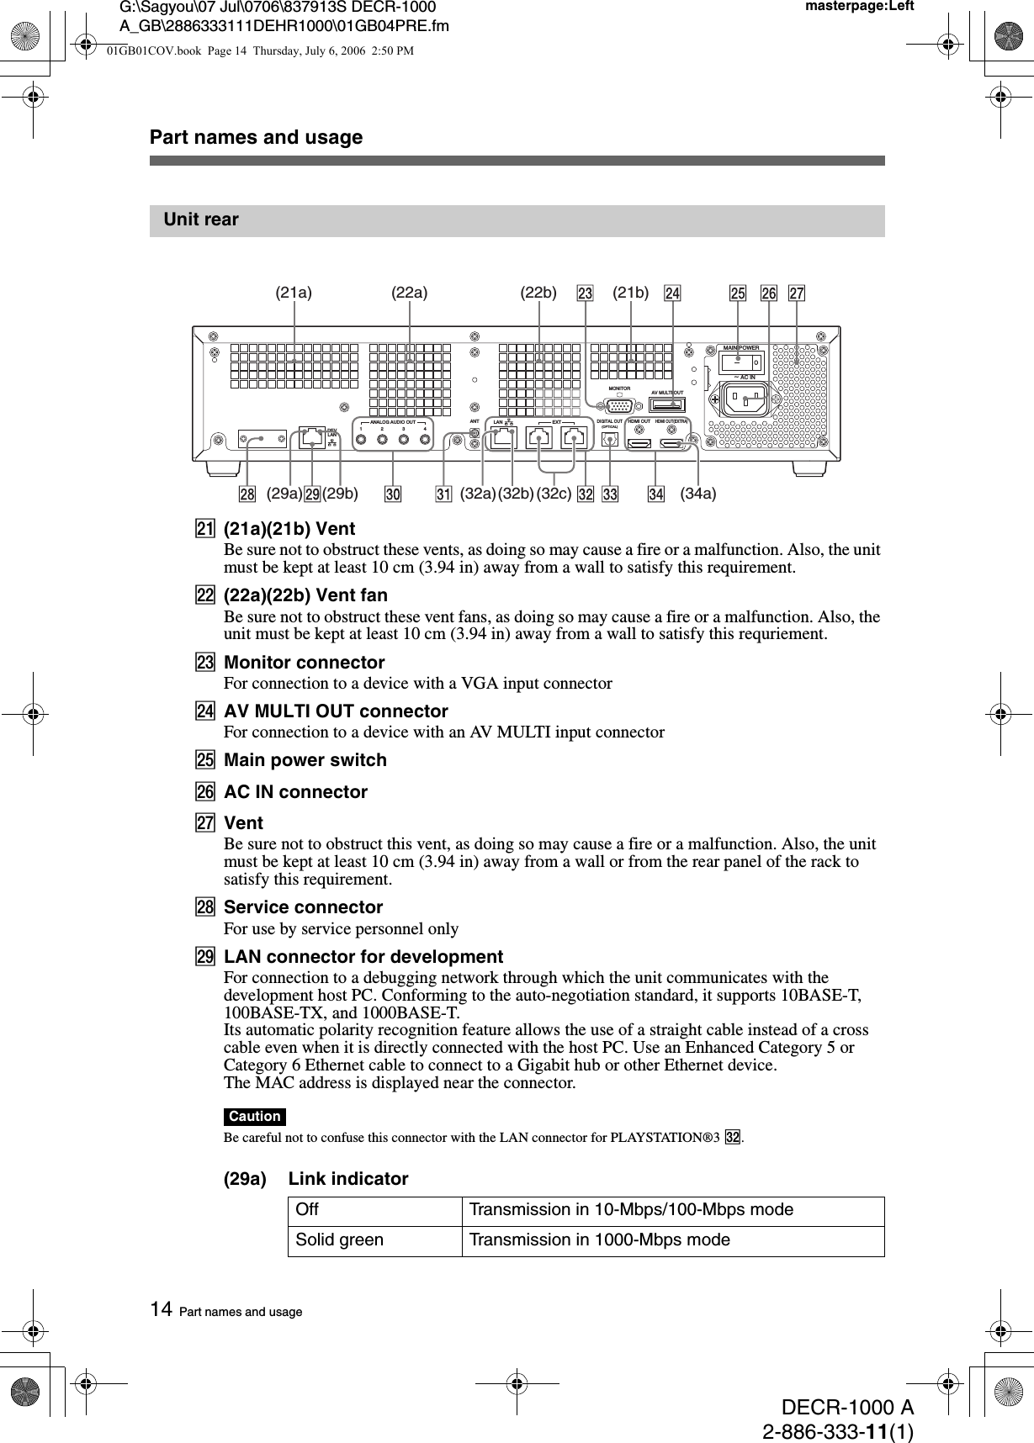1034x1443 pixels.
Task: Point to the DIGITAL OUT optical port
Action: [610, 439]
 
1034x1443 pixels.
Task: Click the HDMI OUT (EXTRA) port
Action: [671, 443]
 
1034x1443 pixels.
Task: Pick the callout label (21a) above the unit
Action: [294, 293]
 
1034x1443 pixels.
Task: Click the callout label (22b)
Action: [538, 293]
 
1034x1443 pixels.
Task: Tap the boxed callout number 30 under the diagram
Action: [393, 494]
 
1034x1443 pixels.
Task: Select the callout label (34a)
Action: [698, 494]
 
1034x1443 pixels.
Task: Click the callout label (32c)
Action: [554, 494]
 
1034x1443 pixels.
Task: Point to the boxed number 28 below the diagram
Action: [247, 494]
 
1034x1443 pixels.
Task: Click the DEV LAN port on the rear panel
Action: [311, 437]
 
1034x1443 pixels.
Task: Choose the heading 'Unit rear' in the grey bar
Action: [201, 219]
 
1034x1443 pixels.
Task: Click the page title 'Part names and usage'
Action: [256, 137]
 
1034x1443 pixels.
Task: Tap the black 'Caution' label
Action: [254, 1117]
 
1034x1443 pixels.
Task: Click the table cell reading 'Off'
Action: [308, 1210]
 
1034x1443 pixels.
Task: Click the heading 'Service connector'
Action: [303, 907]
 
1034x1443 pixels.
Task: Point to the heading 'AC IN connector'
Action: [295, 792]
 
